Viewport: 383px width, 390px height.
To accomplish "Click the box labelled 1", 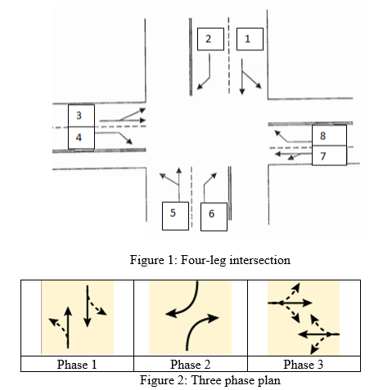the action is (250, 39).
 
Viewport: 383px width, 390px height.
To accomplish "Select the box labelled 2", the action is (210, 39).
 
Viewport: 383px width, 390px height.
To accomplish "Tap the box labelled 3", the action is (81, 115).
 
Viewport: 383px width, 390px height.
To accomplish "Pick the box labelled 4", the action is (81, 138).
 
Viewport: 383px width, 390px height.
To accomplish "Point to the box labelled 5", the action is (175, 216).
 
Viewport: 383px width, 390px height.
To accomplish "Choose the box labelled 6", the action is (214, 217).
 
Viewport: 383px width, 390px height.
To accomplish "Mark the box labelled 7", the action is (329, 155).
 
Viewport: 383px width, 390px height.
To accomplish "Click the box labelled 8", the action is (329, 135).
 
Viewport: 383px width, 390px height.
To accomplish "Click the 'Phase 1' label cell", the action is (77, 364).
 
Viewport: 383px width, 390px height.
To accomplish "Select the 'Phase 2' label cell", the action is (191, 364).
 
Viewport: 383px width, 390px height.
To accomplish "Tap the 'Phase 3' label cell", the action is (304, 364).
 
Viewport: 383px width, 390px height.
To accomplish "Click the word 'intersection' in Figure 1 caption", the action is (260, 260).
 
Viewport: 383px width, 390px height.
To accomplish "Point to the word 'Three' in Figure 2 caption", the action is (206, 380).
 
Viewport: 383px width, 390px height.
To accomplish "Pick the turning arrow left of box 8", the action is (288, 141).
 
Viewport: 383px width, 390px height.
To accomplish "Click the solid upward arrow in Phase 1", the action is (68, 328).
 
